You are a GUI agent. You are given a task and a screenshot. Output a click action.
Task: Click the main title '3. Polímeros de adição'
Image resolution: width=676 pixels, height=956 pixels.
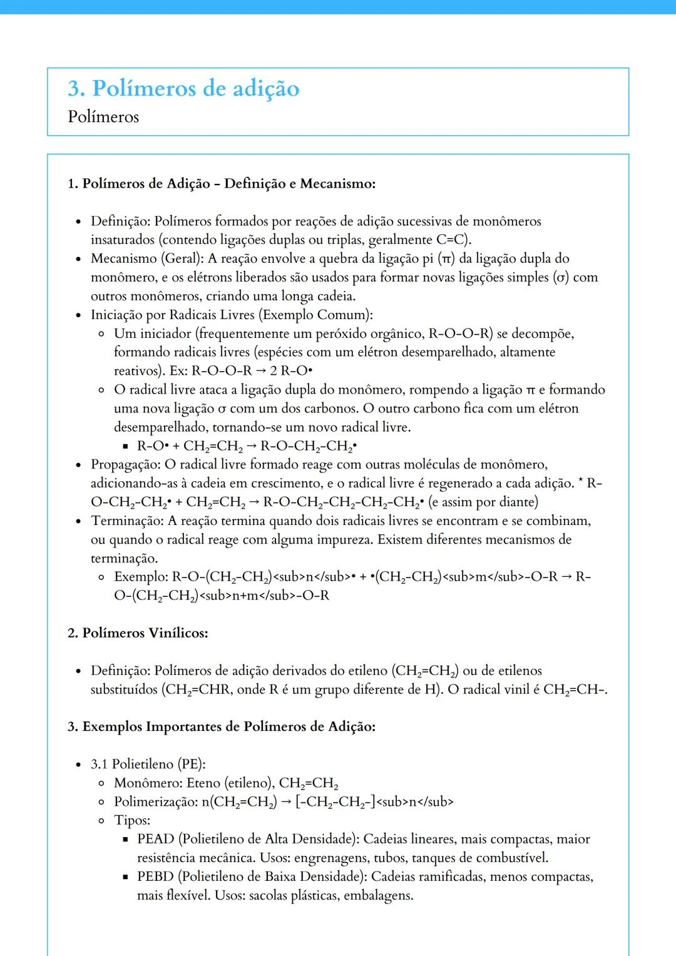183,89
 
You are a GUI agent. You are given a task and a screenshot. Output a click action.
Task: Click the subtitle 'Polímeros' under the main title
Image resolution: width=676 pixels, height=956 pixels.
103,117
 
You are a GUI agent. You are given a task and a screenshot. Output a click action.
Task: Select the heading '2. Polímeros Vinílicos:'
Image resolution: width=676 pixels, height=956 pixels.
138,633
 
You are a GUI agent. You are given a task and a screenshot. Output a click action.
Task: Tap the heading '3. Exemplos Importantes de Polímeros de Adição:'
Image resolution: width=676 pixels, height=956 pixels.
222,727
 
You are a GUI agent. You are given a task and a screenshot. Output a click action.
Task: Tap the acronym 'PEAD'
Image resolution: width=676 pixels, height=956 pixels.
155,839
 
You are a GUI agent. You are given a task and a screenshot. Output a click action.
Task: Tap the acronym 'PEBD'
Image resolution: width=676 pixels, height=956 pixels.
155,877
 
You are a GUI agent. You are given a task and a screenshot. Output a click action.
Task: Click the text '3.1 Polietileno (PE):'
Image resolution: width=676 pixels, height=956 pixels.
148,764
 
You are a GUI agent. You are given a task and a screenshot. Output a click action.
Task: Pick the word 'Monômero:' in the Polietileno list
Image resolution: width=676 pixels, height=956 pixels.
148,783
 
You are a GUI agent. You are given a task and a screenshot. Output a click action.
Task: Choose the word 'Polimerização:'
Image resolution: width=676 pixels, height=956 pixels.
155,801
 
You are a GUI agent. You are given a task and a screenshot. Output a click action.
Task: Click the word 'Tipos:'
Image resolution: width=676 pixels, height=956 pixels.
132,820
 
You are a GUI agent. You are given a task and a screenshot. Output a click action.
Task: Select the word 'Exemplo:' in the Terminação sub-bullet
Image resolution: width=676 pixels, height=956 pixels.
141,577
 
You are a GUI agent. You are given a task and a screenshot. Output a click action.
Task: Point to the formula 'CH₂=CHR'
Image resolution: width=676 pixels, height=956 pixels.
190,689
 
